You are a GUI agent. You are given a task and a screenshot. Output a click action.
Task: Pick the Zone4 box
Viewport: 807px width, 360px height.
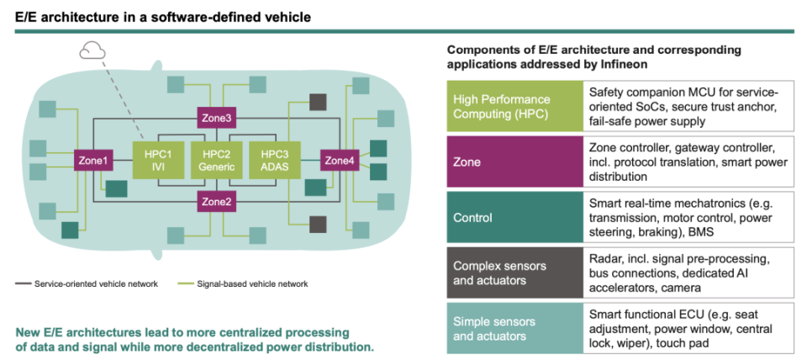click(340, 160)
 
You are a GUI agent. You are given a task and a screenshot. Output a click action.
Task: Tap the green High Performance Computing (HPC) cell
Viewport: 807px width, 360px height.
click(514, 107)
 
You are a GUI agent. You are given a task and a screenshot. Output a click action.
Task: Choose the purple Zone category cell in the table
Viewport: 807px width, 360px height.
click(514, 161)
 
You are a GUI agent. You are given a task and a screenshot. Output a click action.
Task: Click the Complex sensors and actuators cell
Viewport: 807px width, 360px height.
click(514, 273)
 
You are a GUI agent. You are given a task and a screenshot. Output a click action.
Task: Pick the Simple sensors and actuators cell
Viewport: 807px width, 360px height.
click(514, 329)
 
